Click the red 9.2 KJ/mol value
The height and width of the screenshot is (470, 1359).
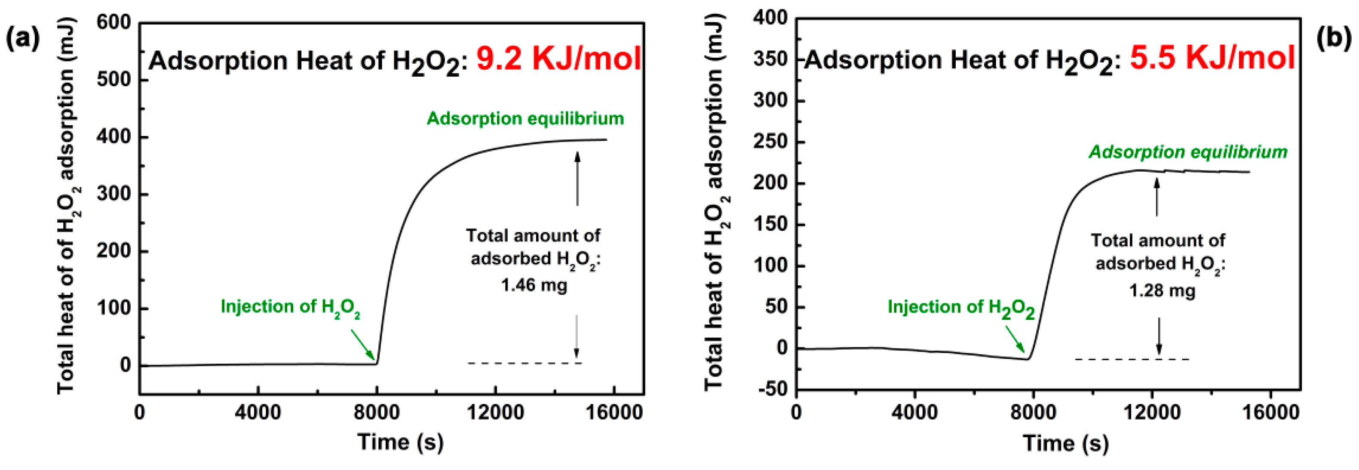[x=558, y=58]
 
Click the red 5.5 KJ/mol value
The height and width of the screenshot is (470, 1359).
[x=1212, y=57]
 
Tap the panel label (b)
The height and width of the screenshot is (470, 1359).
[x=1334, y=38]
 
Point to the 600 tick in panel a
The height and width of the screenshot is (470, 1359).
[x=114, y=23]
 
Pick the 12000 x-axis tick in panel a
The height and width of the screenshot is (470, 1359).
[x=495, y=412]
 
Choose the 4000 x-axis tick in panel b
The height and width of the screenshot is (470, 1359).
[x=914, y=412]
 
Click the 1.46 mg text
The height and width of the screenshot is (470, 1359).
[x=534, y=286]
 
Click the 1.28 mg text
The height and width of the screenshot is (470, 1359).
[x=1162, y=291]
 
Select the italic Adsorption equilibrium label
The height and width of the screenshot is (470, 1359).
[x=1188, y=152]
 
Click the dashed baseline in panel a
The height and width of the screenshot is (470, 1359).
[x=525, y=363]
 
